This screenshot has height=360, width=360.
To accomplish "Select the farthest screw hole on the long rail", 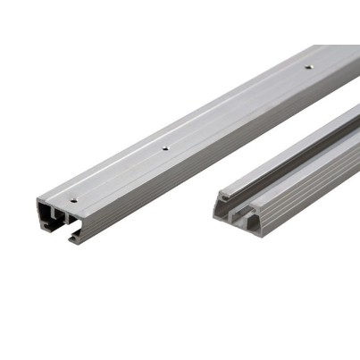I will coord(308,67).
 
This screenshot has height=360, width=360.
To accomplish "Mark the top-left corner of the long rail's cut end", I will coord(39,199).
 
